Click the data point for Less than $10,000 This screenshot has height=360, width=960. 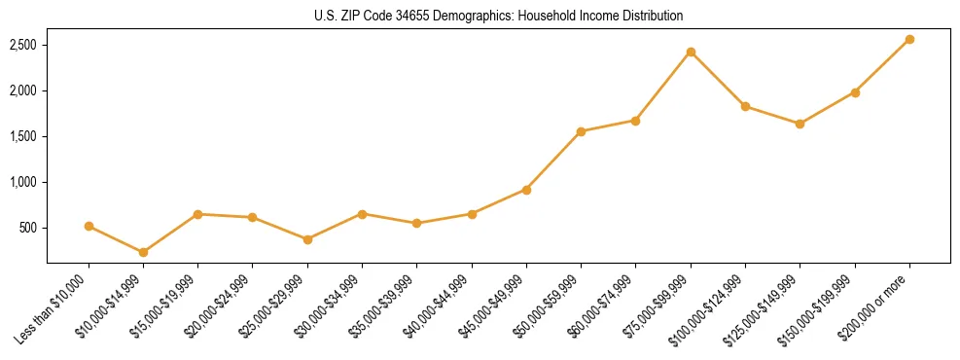click(89, 226)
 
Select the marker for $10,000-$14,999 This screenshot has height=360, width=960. click(143, 252)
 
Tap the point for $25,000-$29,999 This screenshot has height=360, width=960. click(307, 239)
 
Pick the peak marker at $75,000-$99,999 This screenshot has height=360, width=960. click(691, 52)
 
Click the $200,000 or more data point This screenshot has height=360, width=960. click(909, 39)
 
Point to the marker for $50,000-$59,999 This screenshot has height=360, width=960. click(581, 131)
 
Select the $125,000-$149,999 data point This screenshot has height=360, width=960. click(800, 124)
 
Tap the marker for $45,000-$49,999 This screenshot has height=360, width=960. click(526, 190)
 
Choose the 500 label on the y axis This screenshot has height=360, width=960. click(28, 229)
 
